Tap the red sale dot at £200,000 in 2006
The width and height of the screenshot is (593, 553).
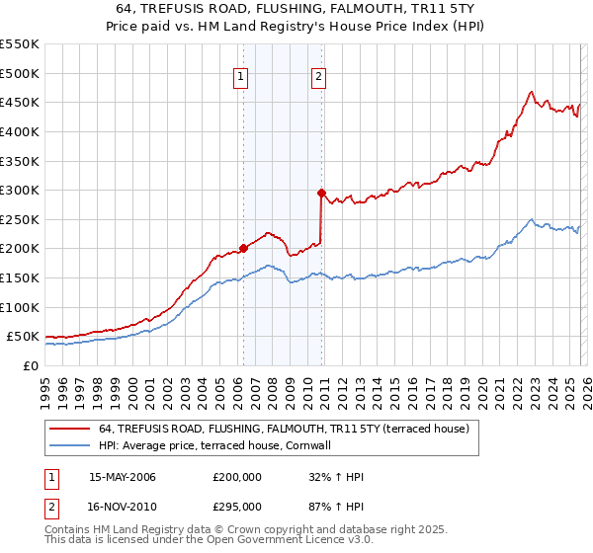[242, 249]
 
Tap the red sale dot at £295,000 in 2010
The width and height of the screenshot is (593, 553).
[321, 194]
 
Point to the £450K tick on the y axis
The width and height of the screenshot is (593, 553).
[22, 103]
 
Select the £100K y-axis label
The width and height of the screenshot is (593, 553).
[22, 307]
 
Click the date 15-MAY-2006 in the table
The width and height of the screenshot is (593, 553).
[123, 478]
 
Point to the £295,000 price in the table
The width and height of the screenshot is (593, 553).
[236, 506]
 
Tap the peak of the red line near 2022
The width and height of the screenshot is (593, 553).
[531, 92]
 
